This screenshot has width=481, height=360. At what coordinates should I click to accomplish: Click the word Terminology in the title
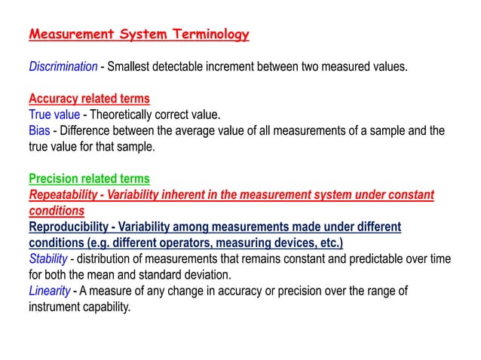pyautogui.click(x=204, y=35)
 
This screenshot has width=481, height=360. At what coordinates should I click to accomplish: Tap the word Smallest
pyautogui.click(x=133, y=66)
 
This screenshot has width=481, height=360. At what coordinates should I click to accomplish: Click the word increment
pyautogui.click(x=252, y=66)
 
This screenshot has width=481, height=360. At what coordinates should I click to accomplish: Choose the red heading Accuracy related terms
pyautogui.click(x=89, y=99)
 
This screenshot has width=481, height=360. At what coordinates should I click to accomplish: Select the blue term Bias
pyautogui.click(x=38, y=130)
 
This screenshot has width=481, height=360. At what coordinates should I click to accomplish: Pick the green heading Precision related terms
pyautogui.click(x=89, y=178)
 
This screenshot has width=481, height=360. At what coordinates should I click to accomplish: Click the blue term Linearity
pyautogui.click(x=50, y=291)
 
